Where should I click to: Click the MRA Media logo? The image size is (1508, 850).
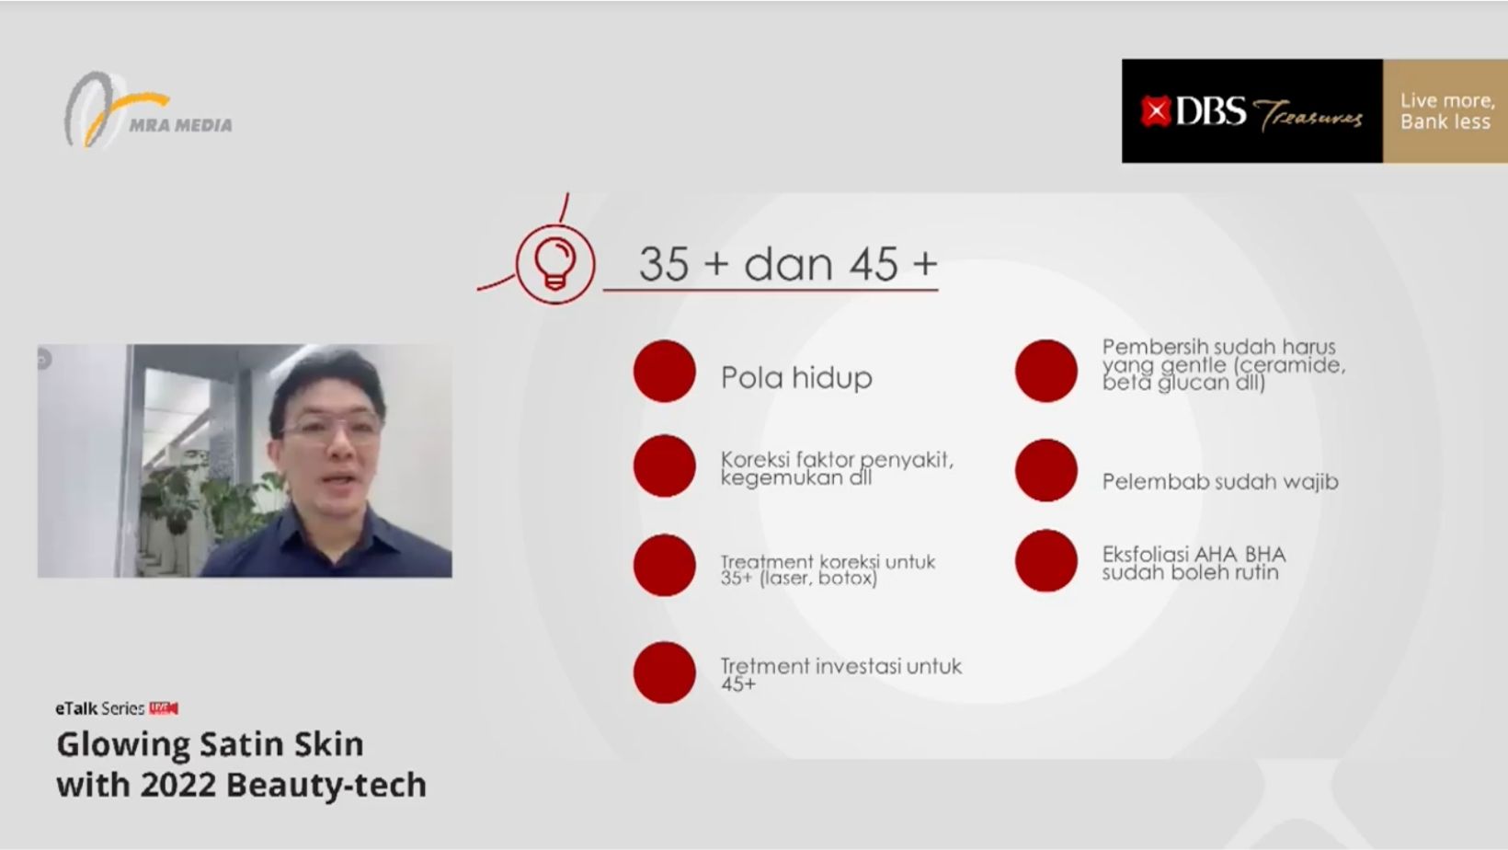[148, 109]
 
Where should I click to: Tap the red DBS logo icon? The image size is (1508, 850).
[1155, 111]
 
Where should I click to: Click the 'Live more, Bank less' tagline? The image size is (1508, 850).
[1447, 111]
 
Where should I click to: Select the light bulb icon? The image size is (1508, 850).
[554, 264]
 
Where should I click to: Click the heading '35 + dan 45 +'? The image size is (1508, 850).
[788, 263]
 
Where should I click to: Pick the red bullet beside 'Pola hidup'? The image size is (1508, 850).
[665, 371]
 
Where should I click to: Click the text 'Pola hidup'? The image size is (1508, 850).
[796, 377]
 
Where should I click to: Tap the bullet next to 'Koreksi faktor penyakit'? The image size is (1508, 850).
[665, 466]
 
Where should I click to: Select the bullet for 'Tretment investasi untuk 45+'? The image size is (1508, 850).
[665, 672]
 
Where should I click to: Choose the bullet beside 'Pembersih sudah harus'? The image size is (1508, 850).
[1046, 371]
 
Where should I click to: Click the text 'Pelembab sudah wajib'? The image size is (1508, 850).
[1220, 482]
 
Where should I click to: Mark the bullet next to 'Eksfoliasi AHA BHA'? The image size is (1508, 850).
[1046, 561]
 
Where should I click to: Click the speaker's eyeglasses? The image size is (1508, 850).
[330, 428]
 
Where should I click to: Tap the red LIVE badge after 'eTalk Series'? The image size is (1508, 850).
[164, 708]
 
